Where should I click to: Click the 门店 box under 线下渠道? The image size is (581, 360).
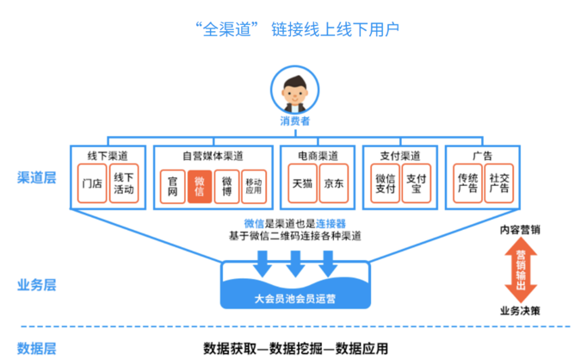pos(91,183)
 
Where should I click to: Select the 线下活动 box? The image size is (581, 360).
pos(123,183)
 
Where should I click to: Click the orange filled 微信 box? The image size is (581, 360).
pos(200,184)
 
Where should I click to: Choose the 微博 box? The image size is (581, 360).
pos(226,184)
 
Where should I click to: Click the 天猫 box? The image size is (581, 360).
pos(301,183)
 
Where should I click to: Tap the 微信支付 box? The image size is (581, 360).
pos(384,183)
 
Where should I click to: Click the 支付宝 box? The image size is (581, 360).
pos(415,183)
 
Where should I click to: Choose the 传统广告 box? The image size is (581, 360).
pos(467,183)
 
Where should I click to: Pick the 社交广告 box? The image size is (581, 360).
pos(498,183)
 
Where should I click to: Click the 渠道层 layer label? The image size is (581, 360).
pos(36,178)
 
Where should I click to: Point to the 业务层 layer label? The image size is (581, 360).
pos(36,284)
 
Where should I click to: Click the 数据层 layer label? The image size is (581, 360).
pos(36,347)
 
